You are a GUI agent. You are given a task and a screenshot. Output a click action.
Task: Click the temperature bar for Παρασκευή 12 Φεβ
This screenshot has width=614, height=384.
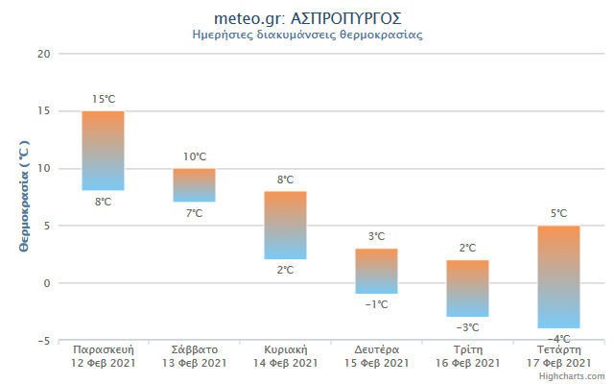click(x=103, y=151)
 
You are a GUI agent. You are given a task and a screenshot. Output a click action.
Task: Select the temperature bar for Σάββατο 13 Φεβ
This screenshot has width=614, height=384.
click(x=194, y=185)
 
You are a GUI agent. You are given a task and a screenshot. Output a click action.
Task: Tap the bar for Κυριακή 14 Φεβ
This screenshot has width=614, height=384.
click(x=285, y=226)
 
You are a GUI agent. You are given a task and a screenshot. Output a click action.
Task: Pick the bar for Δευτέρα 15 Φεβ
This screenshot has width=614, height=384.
click(x=376, y=271)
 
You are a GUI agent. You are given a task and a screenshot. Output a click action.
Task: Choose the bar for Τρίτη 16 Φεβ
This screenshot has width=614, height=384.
click(x=467, y=288)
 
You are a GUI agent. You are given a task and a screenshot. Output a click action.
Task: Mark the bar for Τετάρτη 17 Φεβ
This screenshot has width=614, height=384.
click(x=558, y=276)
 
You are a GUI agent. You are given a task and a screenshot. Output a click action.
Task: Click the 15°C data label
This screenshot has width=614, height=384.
click(x=104, y=99)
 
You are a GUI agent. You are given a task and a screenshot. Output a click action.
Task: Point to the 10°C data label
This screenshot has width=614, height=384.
click(x=195, y=156)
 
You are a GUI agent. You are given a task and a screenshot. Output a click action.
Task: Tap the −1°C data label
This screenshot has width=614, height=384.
click(x=376, y=304)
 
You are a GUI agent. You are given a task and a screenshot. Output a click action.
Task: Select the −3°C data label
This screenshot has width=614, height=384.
click(x=467, y=327)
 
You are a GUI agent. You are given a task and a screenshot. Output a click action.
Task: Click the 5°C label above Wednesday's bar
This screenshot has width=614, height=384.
click(x=558, y=213)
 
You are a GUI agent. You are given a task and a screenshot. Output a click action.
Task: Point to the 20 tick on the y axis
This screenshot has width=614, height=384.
click(x=43, y=54)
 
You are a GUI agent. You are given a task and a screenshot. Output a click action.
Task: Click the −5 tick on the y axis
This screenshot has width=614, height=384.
click(x=42, y=341)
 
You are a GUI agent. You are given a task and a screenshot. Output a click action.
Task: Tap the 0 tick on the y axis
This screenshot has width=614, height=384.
click(x=46, y=283)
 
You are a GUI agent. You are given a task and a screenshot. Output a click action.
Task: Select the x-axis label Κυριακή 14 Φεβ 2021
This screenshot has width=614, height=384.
click(x=285, y=356)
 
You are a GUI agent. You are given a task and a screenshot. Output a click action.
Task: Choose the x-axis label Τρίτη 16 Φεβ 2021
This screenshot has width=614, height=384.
click(x=467, y=356)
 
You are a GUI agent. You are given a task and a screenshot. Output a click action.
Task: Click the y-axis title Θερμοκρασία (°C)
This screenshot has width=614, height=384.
click(x=25, y=197)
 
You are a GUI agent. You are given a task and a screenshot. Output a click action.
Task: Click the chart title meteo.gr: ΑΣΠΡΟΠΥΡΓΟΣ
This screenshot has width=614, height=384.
click(x=307, y=18)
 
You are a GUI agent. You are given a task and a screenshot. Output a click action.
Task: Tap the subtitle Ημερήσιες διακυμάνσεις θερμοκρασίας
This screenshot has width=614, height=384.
click(x=307, y=35)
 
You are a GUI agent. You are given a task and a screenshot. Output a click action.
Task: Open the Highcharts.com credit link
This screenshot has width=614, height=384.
click(x=572, y=376)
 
